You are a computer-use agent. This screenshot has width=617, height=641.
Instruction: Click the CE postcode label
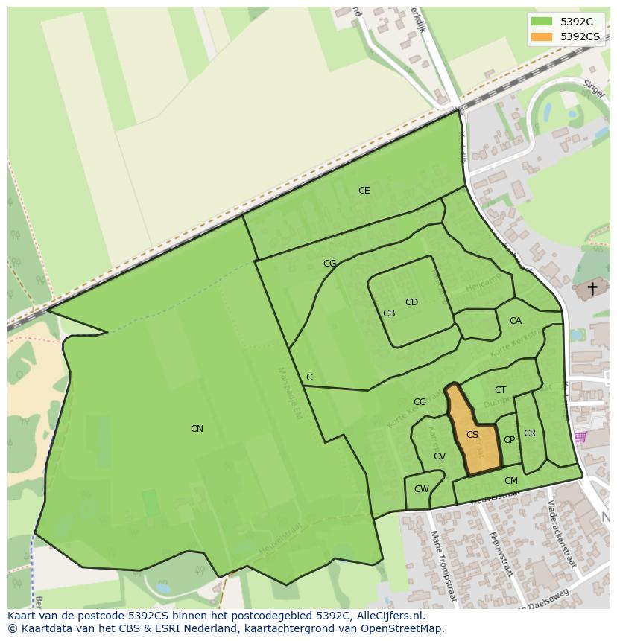coord(364,191)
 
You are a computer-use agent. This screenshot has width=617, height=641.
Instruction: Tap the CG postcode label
coord(329,264)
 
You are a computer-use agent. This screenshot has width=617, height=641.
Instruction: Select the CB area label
coord(389,313)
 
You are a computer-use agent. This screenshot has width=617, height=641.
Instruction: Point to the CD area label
coord(411,302)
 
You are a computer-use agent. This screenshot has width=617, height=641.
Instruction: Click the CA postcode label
coord(516,321)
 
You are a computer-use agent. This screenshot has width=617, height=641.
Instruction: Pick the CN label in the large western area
coord(197,429)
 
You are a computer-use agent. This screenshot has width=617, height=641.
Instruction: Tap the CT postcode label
coord(500,390)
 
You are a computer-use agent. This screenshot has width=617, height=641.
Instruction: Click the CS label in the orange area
coord(472,435)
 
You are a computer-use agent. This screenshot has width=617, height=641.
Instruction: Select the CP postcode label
coord(509,440)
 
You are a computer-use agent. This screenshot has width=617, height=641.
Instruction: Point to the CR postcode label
coord(530,433)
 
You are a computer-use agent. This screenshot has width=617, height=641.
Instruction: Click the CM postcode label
coord(510,481)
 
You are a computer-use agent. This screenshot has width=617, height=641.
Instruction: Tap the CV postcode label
coord(440,456)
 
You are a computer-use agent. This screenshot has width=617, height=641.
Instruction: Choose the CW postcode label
coord(422,489)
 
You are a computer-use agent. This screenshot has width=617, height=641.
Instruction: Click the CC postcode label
coord(420,402)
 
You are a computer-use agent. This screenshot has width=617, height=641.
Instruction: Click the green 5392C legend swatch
coord(542,22)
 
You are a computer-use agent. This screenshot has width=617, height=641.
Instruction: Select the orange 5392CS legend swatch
coord(542,36)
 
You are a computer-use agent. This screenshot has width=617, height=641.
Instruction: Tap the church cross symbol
coord(592,288)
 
